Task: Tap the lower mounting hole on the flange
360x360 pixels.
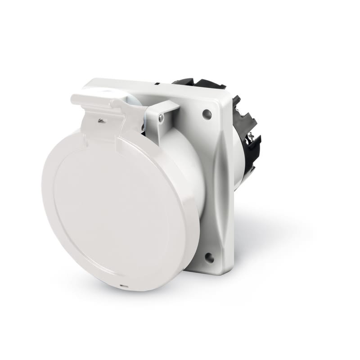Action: coord(209,257)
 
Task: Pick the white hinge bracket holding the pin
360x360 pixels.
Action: coord(160,110)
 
